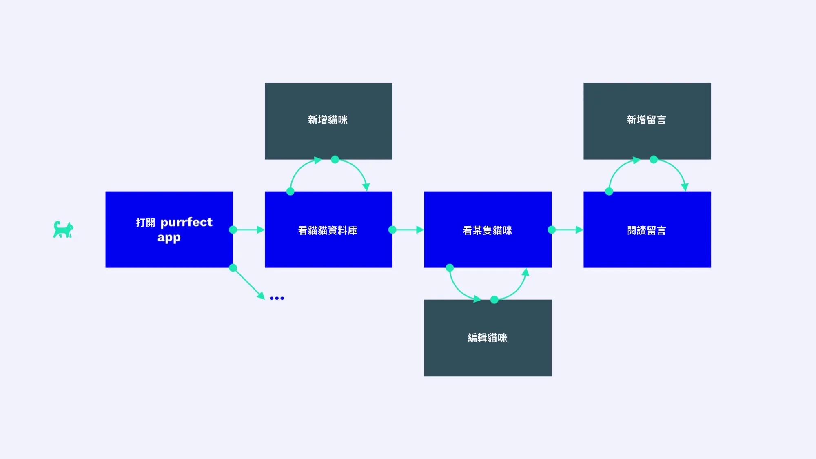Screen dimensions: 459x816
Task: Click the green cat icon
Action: [63, 229]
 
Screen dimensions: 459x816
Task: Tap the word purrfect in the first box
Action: [186, 223]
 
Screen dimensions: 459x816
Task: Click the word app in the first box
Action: [169, 238]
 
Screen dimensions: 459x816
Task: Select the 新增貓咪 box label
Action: [328, 120]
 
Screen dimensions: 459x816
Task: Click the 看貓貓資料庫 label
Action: [328, 230]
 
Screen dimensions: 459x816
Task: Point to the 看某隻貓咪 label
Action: [488, 230]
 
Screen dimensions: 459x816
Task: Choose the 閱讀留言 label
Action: [646, 230]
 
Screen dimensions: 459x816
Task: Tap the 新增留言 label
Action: [646, 120]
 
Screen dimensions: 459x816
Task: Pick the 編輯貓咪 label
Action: [488, 338]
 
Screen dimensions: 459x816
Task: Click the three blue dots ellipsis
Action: [277, 298]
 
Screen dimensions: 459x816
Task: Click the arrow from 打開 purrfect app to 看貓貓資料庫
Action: [249, 230]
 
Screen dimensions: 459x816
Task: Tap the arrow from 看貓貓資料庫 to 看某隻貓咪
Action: [408, 230]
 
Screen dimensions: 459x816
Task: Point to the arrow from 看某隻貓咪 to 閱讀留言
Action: [568, 230]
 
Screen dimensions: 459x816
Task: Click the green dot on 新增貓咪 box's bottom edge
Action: [335, 160]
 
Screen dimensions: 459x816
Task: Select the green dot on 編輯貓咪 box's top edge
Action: [494, 300]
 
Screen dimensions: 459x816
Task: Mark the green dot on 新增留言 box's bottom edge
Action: [654, 160]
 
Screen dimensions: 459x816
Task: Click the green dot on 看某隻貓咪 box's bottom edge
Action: [450, 268]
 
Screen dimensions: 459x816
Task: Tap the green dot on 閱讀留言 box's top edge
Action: [609, 192]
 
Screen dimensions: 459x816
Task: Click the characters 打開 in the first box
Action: [146, 223]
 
